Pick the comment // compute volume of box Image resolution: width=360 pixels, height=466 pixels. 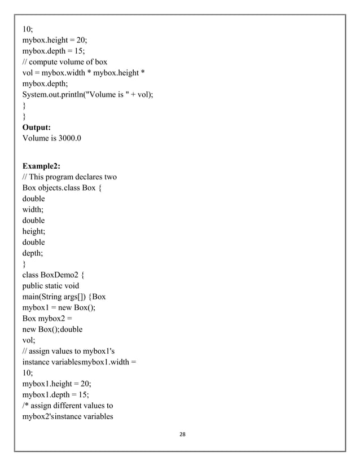click(64, 61)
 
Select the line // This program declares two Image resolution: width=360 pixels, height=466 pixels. click(69, 177)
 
